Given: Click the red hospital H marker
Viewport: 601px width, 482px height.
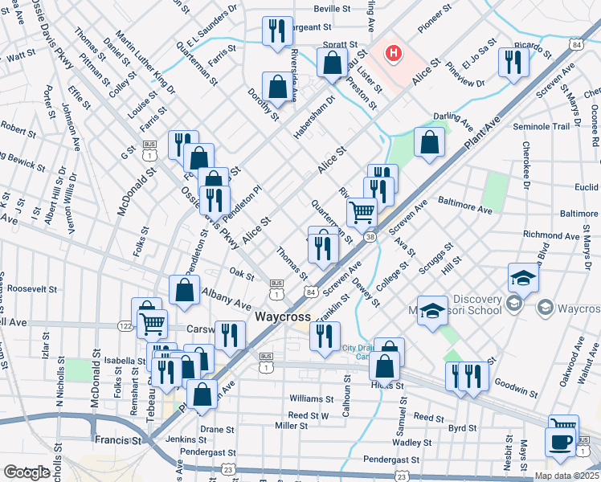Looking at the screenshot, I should click(x=393, y=54).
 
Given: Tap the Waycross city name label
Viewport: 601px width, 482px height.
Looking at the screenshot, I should click(x=283, y=317).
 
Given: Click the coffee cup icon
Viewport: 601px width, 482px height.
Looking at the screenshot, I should click(x=559, y=442).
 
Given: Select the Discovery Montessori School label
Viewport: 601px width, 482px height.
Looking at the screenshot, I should click(x=466, y=306).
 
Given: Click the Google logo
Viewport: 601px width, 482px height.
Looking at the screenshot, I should click(x=27, y=472).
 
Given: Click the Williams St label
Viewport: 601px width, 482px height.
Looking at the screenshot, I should click(x=311, y=398).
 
